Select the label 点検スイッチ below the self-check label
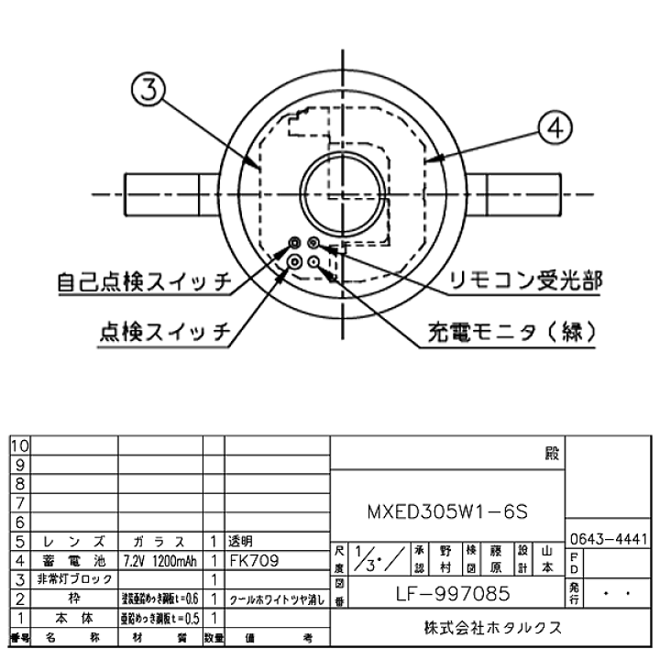[163, 331]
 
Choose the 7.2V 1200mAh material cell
[159, 559]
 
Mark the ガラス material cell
[159, 541]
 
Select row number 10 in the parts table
[19, 445]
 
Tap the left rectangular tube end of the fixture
[170, 195]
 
